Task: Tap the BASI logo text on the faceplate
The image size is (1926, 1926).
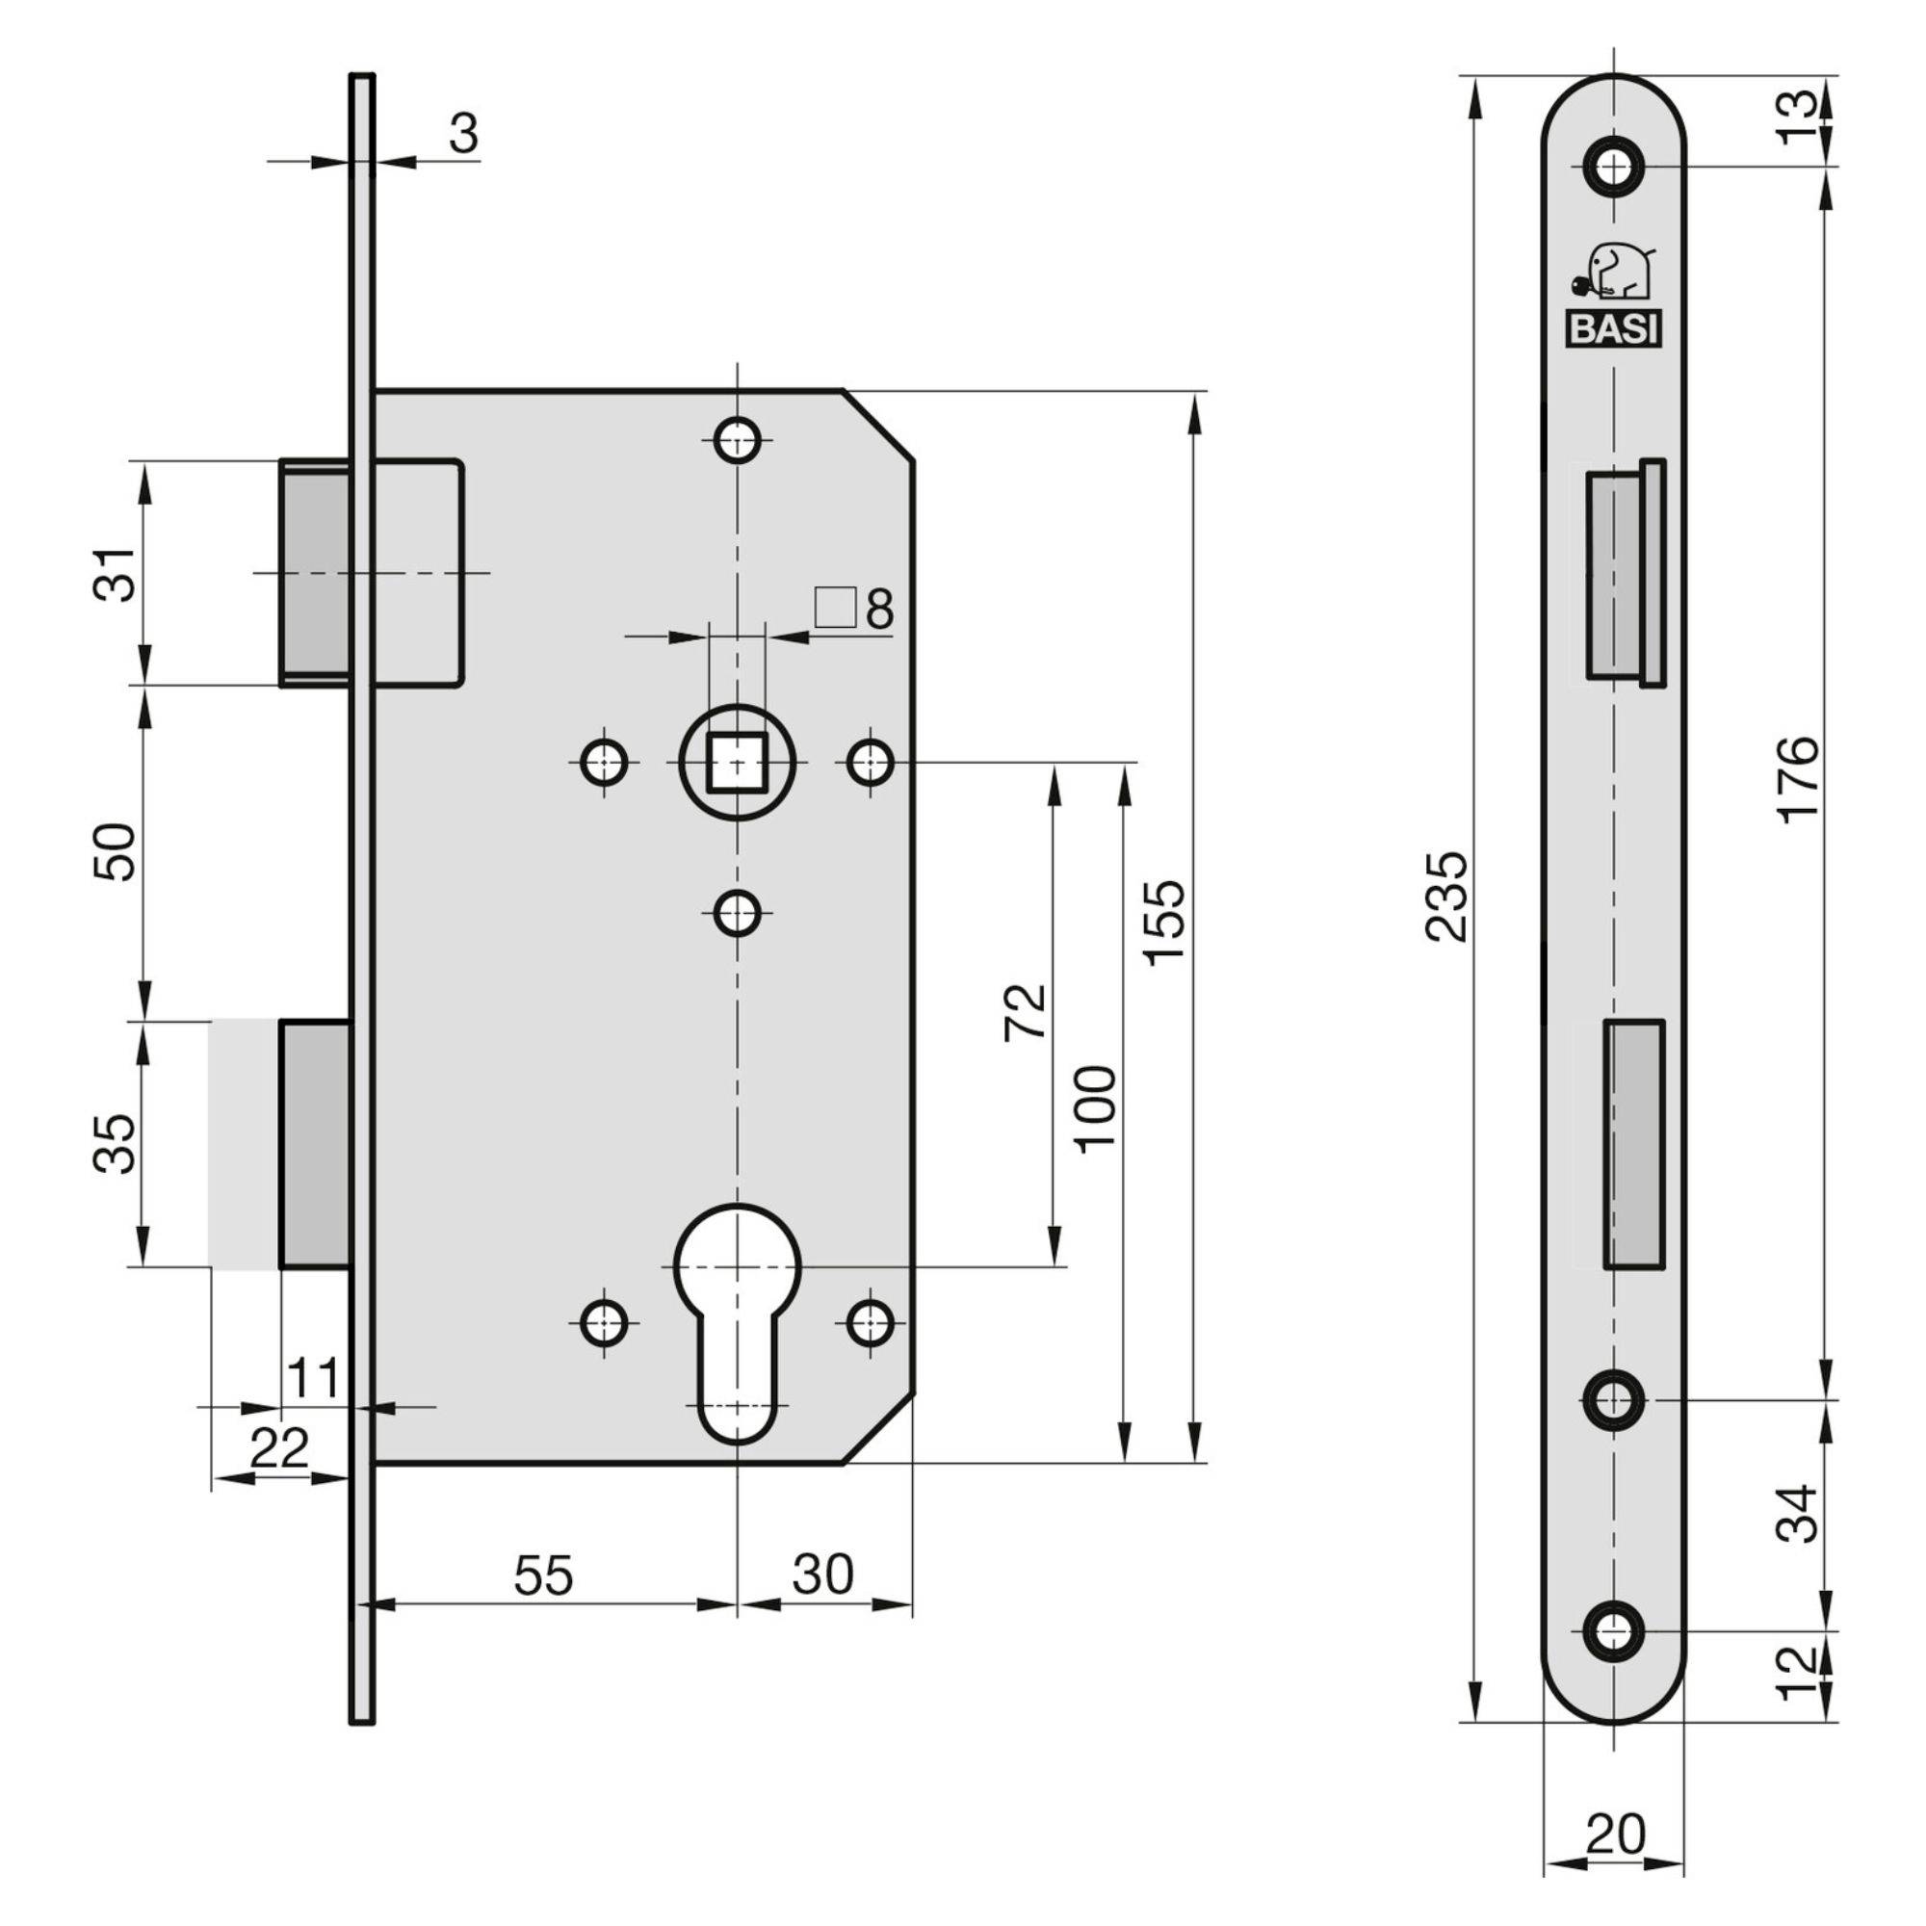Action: pyautogui.click(x=1613, y=329)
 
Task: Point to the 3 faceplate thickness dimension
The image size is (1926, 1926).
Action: pyautogui.click(x=462, y=133)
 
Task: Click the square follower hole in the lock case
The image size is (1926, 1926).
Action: pyautogui.click(x=737, y=763)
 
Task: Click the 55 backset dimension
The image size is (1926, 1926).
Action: pyautogui.click(x=544, y=1576)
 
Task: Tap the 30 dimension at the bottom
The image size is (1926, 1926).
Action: pyautogui.click(x=823, y=1575)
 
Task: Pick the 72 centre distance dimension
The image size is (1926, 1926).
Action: pyautogui.click(x=1027, y=1011)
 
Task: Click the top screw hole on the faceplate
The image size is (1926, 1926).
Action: pyautogui.click(x=1613, y=167)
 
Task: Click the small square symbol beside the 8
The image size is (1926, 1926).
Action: pyautogui.click(x=835, y=607)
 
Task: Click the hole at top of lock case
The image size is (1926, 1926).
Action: pyautogui.click(x=738, y=438)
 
